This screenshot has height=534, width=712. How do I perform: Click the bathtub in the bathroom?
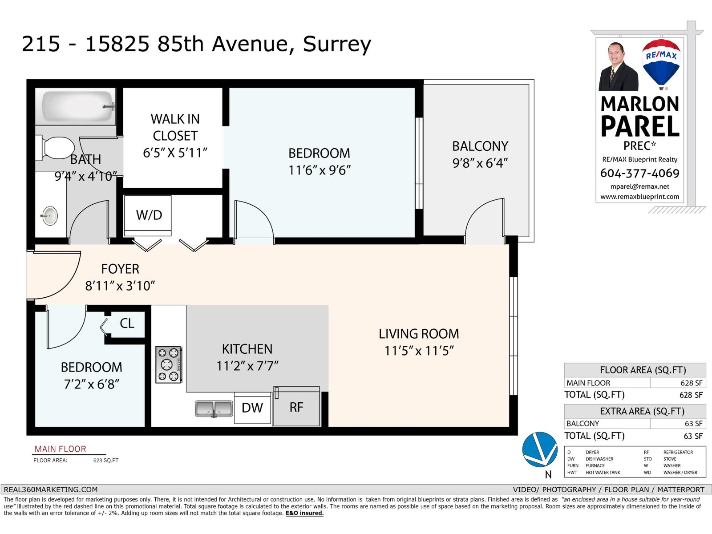(x=75, y=106)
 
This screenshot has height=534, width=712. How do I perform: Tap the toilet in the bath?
(x=55, y=148)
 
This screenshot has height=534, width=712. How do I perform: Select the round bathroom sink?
(x=50, y=216)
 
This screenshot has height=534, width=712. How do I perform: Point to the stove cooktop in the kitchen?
(x=168, y=364)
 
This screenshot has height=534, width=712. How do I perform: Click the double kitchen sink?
(x=214, y=409)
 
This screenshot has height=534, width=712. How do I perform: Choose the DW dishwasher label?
(x=252, y=408)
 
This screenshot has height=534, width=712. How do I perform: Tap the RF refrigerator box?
(x=297, y=406)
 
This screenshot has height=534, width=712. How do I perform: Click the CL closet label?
(x=127, y=323)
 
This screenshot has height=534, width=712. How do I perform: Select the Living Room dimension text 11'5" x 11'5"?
(x=419, y=351)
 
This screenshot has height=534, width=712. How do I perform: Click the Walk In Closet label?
(x=175, y=127)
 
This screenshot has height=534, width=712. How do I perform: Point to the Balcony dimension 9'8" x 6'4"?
(x=480, y=163)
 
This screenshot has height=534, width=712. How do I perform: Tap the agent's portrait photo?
(x=618, y=66)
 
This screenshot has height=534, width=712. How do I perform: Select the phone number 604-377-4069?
(x=639, y=173)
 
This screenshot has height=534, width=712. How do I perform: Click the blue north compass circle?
(x=540, y=449)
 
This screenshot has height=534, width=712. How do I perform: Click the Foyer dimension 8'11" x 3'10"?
(x=120, y=286)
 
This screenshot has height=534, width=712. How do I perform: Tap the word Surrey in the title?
(x=337, y=44)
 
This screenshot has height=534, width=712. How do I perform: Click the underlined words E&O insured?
(x=304, y=513)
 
